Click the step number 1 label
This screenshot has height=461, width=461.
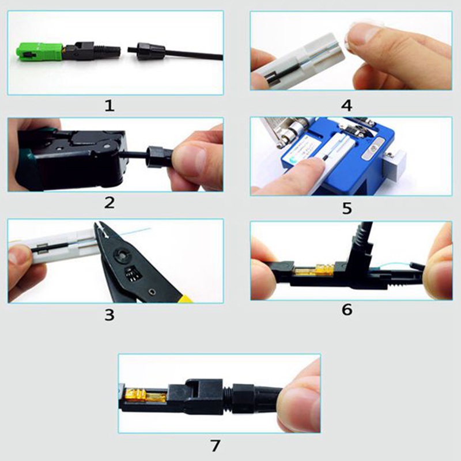(109, 105)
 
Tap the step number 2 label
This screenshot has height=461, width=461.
(109, 202)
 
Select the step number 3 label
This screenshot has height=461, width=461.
(109, 315)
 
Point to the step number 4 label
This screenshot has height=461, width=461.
(347, 105)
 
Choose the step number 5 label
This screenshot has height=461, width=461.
(347, 207)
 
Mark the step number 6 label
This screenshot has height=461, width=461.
(347, 310)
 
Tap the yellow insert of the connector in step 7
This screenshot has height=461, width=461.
(145, 395)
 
